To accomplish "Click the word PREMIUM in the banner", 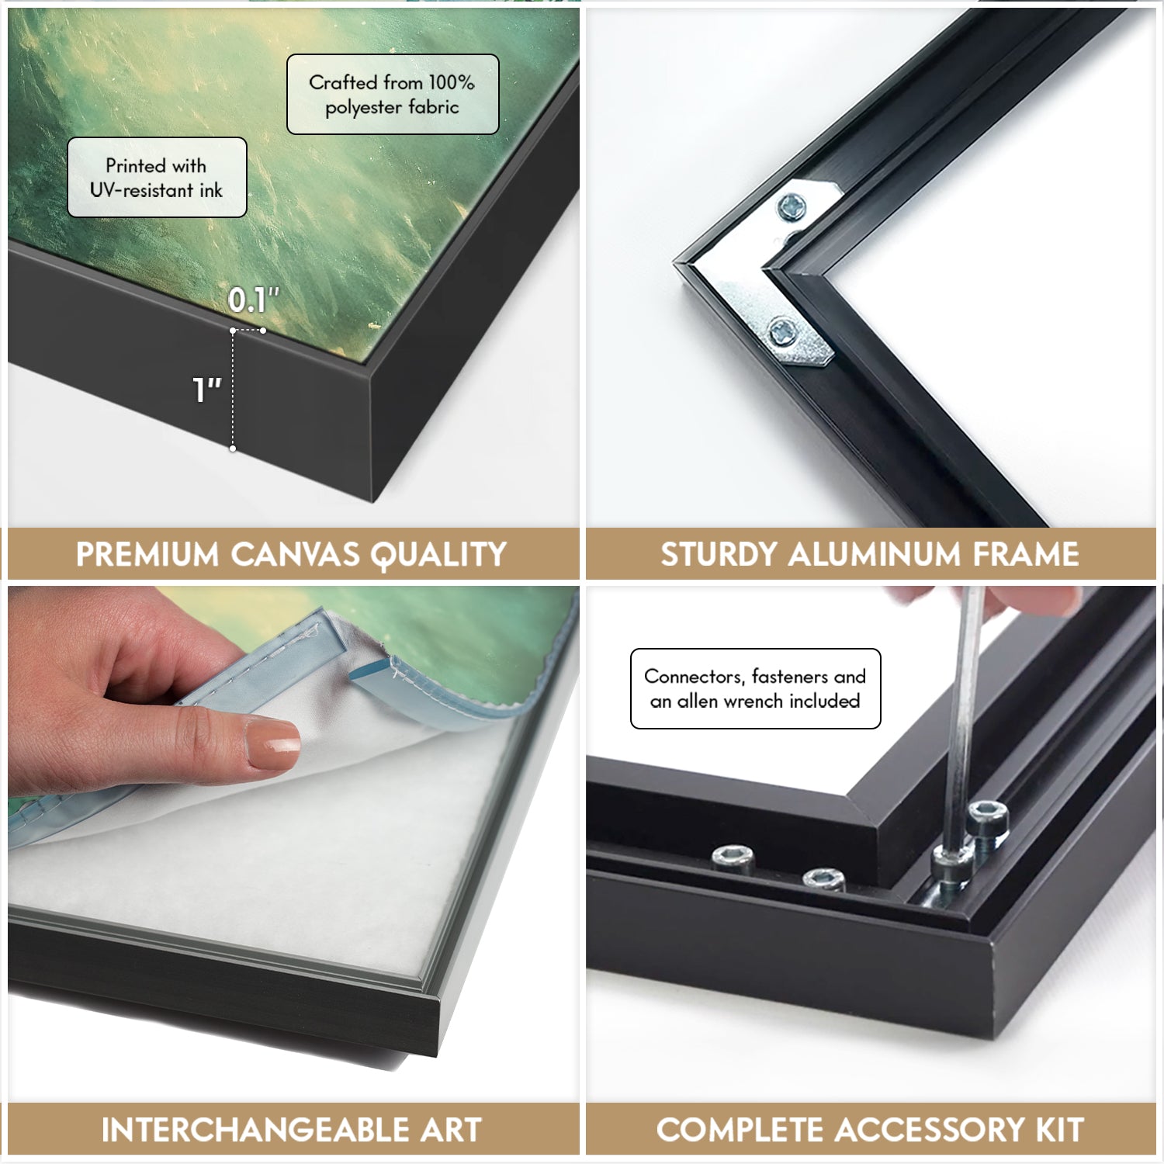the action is (x=147, y=555).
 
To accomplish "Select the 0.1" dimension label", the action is (x=253, y=300).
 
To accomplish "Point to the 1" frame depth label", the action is (x=206, y=390).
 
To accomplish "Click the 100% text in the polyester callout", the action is (x=451, y=82).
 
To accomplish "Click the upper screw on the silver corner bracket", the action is (x=792, y=207).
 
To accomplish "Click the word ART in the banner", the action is (x=451, y=1130).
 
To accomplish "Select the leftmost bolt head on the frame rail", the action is (x=733, y=857).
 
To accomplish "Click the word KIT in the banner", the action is (x=1060, y=1130).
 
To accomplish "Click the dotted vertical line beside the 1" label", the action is (x=233, y=390).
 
